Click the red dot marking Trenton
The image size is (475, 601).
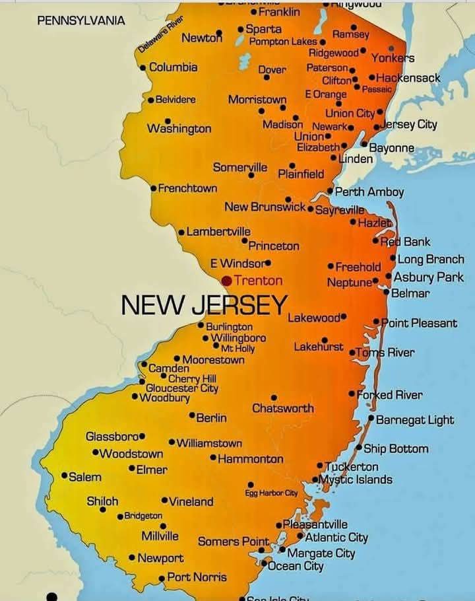(x=226, y=281)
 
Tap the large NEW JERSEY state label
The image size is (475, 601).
(x=205, y=304)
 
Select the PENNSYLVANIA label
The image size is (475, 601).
(x=81, y=20)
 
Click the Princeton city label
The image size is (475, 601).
(x=274, y=246)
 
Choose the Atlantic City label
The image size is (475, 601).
(x=336, y=538)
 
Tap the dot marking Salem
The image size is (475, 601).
(x=64, y=476)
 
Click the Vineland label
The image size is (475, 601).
(x=191, y=502)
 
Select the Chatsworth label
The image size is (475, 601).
(x=283, y=408)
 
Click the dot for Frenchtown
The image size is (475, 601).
(x=154, y=188)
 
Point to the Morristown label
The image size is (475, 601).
(x=257, y=100)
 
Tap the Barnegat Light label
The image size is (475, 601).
(x=415, y=420)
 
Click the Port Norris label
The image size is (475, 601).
(x=197, y=577)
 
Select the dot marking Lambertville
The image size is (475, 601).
(x=182, y=232)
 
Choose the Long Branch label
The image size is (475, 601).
(x=431, y=260)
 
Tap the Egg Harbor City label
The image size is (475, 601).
(x=271, y=493)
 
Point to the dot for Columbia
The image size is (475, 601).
(x=143, y=67)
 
